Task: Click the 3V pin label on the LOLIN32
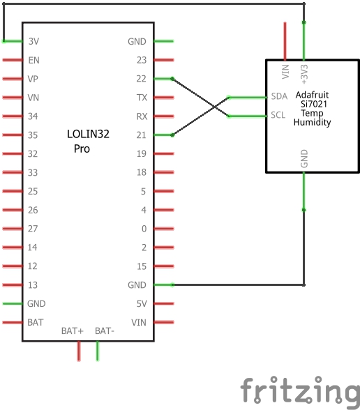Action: click(33, 41)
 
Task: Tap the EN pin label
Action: click(33, 60)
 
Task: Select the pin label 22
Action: click(141, 79)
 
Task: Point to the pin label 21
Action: click(141, 135)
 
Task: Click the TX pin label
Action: click(142, 98)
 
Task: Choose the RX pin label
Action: click(142, 116)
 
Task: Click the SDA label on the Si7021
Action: click(279, 96)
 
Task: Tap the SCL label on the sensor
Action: click(278, 115)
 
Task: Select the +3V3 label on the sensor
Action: click(304, 74)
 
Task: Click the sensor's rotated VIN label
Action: click(285, 71)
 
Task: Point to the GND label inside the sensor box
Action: click(304, 158)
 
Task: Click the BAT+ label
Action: click(73, 331)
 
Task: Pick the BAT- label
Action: click(105, 331)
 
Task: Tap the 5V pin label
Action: click(142, 303)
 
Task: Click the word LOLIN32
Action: click(88, 134)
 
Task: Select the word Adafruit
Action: click(312, 95)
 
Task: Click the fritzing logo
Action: click(300, 390)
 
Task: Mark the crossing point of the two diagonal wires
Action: click(215, 107)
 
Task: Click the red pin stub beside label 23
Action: click(164, 60)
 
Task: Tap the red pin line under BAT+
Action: click(79, 351)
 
